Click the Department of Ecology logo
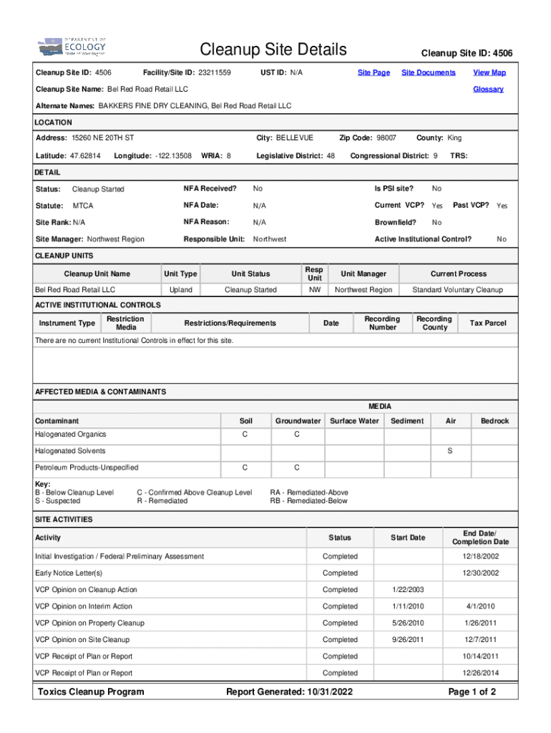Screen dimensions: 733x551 [72, 47]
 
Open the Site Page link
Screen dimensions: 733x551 [374, 72]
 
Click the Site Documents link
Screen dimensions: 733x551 [428, 72]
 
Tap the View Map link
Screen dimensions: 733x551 [489, 72]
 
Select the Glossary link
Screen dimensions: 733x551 [488, 89]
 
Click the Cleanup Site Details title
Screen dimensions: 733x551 [273, 49]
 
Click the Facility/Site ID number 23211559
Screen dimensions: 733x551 [214, 73]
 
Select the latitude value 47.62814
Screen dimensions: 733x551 [84, 155]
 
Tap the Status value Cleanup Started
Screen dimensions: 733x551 [98, 189]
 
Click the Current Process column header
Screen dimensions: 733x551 [458, 273]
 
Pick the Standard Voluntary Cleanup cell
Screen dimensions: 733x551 [457, 290]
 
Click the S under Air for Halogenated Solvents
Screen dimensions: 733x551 [449, 451]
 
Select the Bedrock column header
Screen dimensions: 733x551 [494, 421]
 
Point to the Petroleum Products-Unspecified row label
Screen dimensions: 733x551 [87, 467]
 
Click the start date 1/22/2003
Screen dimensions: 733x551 [408, 590]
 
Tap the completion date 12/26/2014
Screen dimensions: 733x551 [480, 673]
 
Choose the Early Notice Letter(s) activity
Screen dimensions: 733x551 [69, 573]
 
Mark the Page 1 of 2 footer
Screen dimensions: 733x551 [472, 691]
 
